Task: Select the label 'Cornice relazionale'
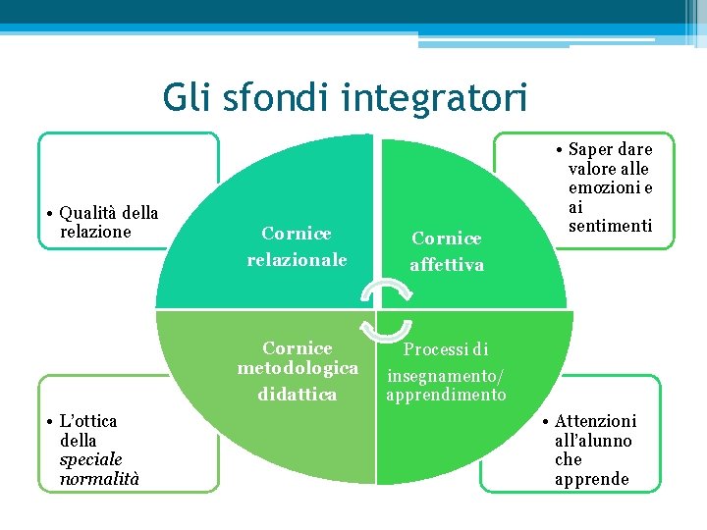tap(297, 246)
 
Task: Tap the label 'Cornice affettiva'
tap(447, 251)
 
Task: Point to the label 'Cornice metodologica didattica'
tap(298, 371)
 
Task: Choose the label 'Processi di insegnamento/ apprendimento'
tap(446, 372)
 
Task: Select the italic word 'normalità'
tap(99, 479)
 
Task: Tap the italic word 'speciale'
tap(90, 459)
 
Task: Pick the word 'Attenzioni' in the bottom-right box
tap(595, 421)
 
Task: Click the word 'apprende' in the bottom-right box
tap(591, 479)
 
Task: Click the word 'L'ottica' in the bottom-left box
tap(88, 421)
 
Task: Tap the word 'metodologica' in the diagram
tap(298, 369)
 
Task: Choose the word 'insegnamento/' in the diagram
tap(446, 375)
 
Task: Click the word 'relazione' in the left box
tap(95, 232)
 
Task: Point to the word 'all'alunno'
tap(593, 441)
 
